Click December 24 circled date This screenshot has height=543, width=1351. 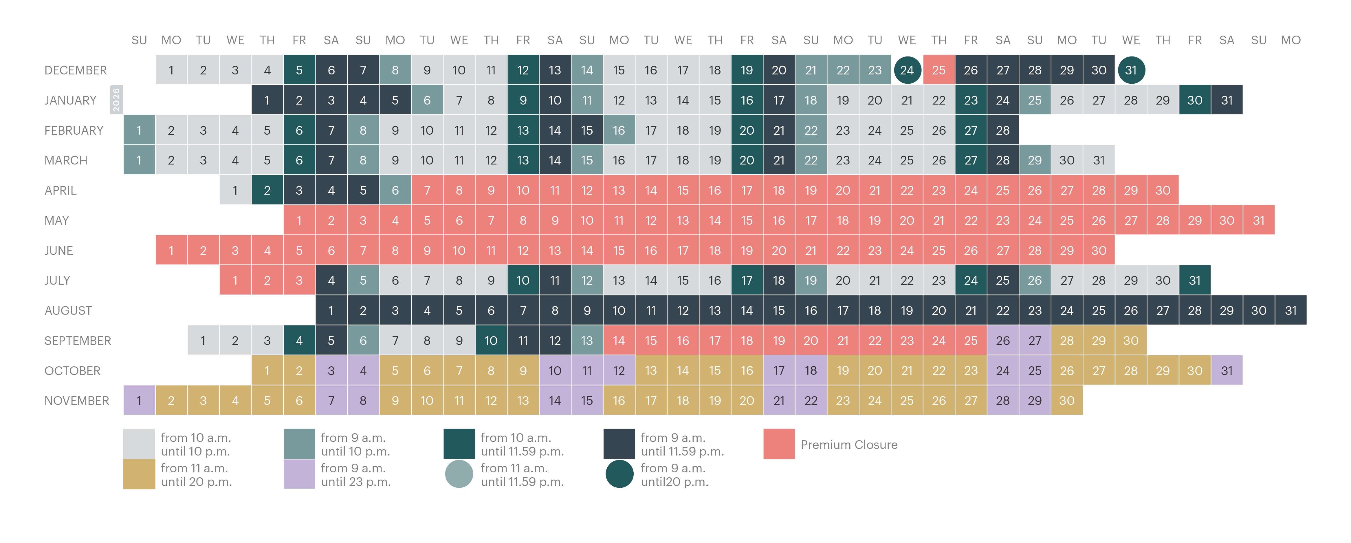coord(907,70)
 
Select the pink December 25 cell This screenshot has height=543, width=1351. coord(939,70)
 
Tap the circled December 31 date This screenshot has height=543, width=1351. coord(1131,70)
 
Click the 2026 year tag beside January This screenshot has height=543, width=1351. coord(116,100)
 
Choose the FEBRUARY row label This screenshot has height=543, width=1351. coord(74,130)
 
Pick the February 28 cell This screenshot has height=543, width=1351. coord(1003,130)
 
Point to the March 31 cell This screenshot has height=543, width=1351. coord(1099,160)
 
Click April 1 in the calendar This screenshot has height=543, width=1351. coord(235,190)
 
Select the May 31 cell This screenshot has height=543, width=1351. coord(1259,220)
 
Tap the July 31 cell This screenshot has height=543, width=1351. coord(1195,280)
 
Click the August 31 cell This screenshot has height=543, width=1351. coord(1291,310)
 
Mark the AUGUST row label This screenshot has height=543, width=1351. coord(68,310)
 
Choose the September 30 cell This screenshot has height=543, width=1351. coord(1131,341)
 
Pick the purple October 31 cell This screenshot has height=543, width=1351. coord(1227,370)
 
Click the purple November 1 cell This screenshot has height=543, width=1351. coord(139,400)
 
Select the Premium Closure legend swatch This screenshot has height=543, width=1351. coord(779,444)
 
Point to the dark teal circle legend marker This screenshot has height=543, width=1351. coord(619,474)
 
